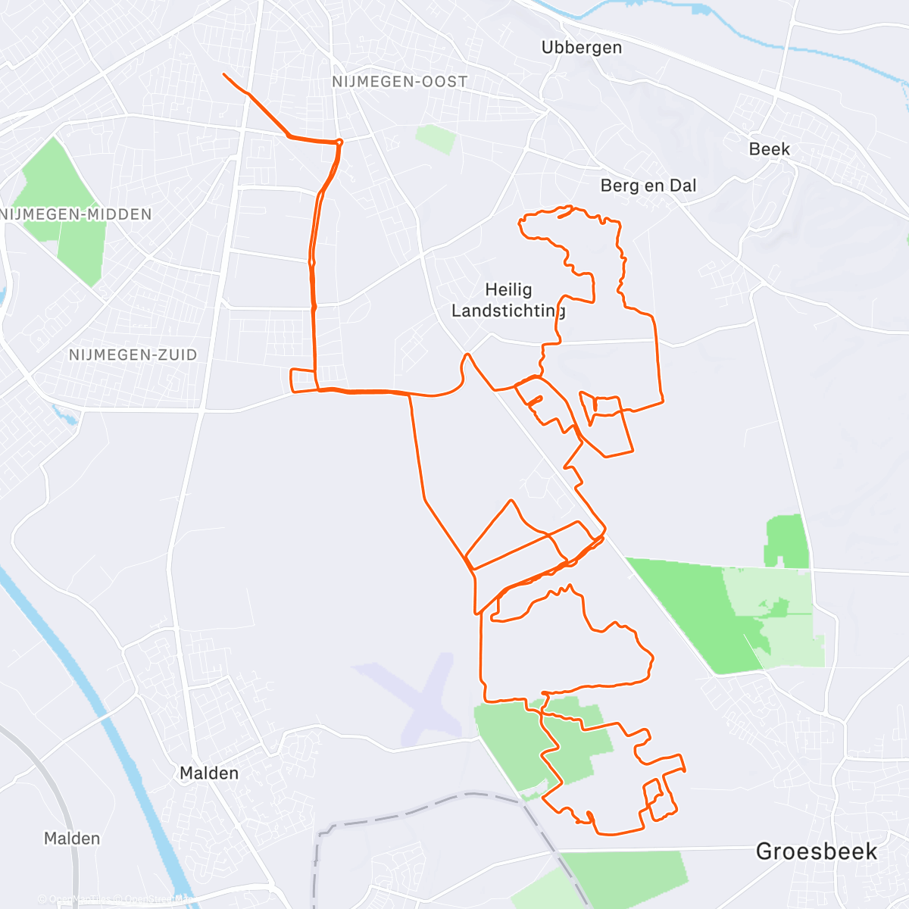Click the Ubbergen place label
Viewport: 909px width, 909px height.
coord(582,48)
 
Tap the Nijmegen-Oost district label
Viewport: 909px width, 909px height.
coord(400,82)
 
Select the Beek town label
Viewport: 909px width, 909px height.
coord(769,149)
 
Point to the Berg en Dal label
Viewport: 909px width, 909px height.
coord(648,186)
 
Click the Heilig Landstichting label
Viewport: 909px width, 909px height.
coord(508,300)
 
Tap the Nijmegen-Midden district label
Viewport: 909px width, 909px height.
coord(77,214)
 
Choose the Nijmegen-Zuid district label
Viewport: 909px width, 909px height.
coord(133,355)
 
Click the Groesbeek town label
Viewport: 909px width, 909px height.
coord(817,851)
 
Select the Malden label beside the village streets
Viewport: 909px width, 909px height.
coord(209,773)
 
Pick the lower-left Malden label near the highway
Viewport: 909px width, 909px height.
coord(72,839)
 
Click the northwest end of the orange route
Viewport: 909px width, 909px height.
coord(224,74)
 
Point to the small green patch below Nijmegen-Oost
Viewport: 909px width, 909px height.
coord(436,139)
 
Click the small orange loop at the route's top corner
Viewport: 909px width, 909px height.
coord(339,142)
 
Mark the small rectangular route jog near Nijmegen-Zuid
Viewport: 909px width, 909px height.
coord(302,380)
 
